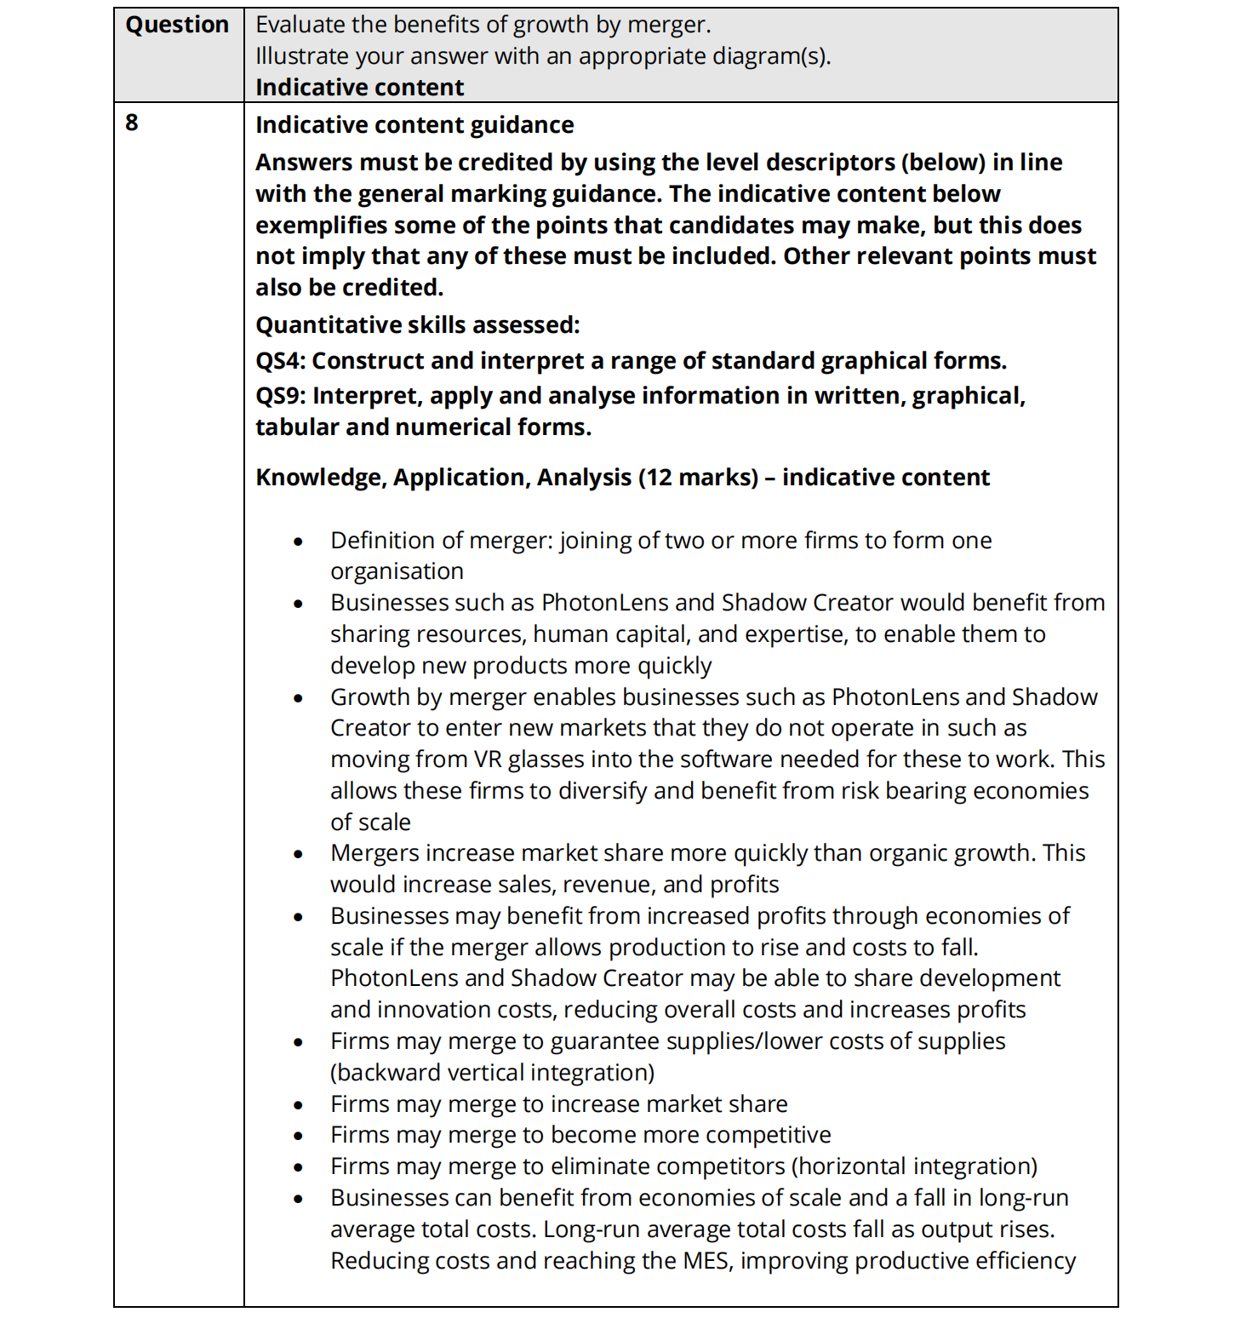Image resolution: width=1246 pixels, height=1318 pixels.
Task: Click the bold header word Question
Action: click(177, 25)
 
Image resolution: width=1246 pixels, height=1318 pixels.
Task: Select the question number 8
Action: click(132, 123)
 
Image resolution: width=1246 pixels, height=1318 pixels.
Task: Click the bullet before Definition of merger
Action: click(298, 542)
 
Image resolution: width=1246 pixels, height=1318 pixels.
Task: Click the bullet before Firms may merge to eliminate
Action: click(298, 1167)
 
